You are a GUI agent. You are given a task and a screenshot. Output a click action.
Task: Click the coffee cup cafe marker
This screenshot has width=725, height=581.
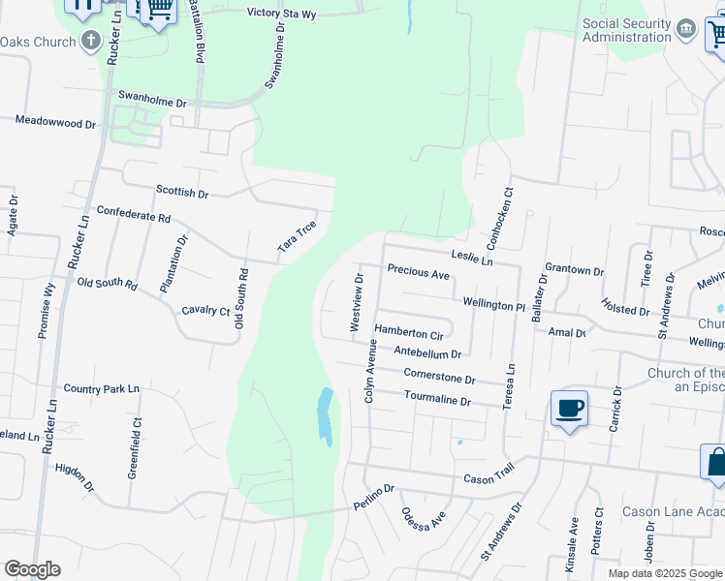(569, 408)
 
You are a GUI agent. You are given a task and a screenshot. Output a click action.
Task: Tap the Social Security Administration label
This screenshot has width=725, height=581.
(626, 30)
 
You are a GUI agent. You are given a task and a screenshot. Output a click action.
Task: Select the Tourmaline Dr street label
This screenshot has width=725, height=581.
(437, 400)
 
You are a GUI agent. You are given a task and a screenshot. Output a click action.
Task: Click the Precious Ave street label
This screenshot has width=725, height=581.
(419, 273)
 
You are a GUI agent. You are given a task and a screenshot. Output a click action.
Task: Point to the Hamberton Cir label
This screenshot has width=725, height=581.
(408, 333)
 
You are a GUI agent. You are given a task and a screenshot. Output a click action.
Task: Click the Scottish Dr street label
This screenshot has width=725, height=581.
(182, 194)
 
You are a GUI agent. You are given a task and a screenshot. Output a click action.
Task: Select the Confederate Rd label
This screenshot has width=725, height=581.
(134, 214)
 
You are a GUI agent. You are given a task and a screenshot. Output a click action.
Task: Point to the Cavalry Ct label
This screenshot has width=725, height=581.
(205, 311)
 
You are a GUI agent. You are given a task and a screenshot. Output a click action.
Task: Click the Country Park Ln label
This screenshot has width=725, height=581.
(102, 389)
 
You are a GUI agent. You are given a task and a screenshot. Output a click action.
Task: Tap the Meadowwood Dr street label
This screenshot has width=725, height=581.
(56, 123)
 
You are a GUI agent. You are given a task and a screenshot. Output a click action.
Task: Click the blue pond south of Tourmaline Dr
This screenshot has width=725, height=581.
(326, 415)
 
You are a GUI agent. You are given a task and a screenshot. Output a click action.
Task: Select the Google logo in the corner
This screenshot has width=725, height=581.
(32, 568)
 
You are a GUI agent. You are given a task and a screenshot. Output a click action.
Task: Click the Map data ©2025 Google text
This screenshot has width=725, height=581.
(664, 573)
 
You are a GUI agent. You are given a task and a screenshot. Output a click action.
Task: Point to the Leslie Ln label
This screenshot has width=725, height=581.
(472, 260)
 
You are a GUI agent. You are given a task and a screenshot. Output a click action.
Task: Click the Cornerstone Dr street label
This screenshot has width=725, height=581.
(439, 377)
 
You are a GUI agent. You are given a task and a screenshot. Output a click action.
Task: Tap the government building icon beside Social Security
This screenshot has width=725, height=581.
(686, 29)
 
